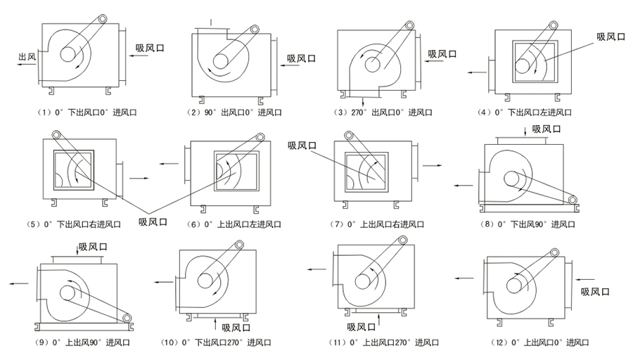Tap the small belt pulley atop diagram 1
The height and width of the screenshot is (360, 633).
pyautogui.click(x=103, y=20)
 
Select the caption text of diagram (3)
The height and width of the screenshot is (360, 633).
pyautogui.click(x=382, y=112)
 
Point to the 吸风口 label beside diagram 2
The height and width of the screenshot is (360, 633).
pyautogui.click(x=301, y=58)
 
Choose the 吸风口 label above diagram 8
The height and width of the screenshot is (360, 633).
pyautogui.click(x=546, y=129)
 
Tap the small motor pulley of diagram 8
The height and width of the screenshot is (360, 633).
pyautogui.click(x=573, y=201)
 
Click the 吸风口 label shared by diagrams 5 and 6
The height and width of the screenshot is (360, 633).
pyautogui.click(x=153, y=222)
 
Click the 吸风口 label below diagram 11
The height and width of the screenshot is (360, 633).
pyautogui.click(x=361, y=327)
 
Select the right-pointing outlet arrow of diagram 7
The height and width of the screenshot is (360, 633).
pyautogui.click(x=431, y=166)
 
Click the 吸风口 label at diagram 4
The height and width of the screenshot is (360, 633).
pyautogui.click(x=610, y=37)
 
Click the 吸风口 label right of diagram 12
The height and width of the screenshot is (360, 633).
pyautogui.click(x=594, y=292)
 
